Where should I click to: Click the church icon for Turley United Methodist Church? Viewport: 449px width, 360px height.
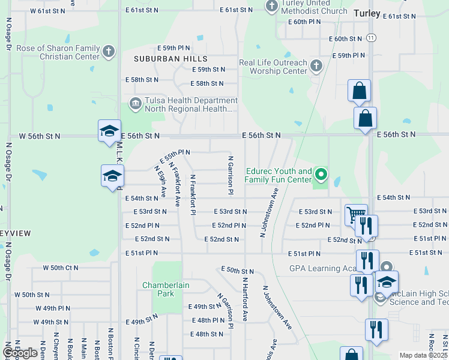pyautogui.click(x=271, y=7)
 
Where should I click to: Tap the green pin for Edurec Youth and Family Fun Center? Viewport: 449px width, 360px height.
pyautogui.click(x=321, y=175)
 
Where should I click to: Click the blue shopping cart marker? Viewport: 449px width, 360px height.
pyautogui.click(x=355, y=214)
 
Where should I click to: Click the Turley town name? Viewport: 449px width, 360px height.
pyautogui.click(x=367, y=13)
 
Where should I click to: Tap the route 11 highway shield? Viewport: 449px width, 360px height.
pyautogui.click(x=372, y=37)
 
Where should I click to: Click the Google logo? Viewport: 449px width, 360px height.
pyautogui.click(x=20, y=353)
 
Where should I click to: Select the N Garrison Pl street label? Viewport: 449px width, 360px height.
pyautogui.click(x=230, y=175)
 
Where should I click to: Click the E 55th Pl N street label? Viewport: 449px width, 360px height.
pyautogui.click(x=175, y=157)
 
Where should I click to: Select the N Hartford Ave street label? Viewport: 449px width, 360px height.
pyautogui.click(x=245, y=298)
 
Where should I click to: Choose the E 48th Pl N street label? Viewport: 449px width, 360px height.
pyautogui.click(x=206, y=320)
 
